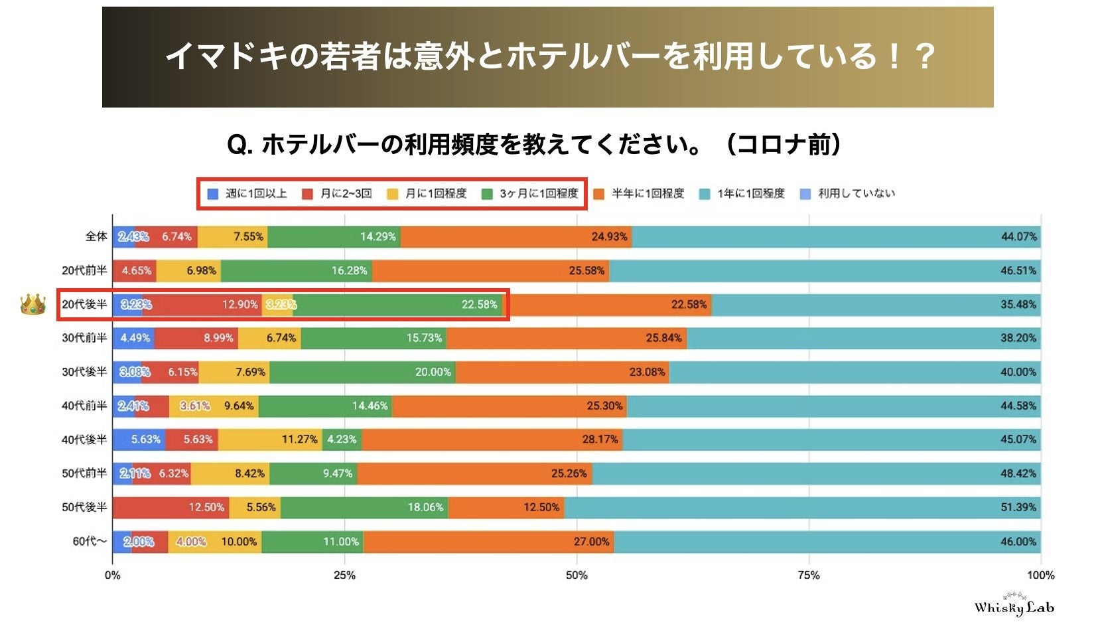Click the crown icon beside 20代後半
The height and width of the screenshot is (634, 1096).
pos(33,305)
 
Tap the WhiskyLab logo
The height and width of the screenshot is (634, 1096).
pos(1013,605)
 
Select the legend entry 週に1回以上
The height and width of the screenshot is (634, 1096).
pos(247,194)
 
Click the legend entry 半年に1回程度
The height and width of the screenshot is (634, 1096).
pos(639,194)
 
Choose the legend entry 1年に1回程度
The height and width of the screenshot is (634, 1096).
pos(742,194)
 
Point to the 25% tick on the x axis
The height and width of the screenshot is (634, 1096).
pos(344,576)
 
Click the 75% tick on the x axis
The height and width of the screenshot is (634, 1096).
pos(808,576)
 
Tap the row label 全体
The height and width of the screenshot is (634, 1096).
pos(96,236)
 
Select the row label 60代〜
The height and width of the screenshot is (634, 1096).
pos(90,542)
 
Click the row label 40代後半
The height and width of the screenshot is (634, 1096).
pos(84,439)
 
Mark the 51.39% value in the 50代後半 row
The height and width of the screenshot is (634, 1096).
pos(1018,507)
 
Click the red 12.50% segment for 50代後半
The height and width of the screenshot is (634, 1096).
pos(171,507)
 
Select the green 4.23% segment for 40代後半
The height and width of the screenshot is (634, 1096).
pos(342,439)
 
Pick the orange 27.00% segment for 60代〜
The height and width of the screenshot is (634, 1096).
pos(488,542)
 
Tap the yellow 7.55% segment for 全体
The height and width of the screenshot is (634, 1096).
pos(232,236)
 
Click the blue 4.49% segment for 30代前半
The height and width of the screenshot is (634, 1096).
pos(134,338)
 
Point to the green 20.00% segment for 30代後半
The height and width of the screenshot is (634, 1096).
pos(362,372)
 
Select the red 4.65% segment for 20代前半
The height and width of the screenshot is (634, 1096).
pos(135,270)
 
